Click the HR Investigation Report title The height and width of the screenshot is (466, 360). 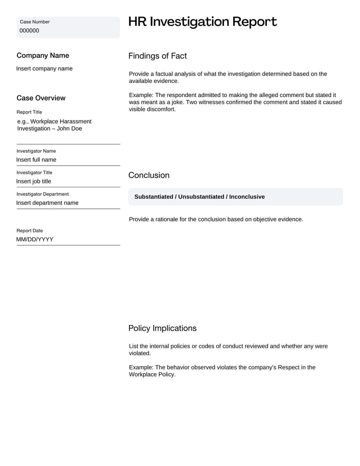202,22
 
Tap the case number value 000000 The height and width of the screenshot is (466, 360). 29,31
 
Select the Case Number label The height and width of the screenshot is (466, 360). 35,22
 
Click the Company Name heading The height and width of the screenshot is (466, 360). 43,55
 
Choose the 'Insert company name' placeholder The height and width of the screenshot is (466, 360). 44,68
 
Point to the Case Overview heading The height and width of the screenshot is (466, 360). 41,98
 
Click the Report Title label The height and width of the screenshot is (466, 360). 29,112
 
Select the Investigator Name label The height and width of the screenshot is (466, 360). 36,151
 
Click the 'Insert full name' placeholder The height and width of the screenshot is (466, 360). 36,160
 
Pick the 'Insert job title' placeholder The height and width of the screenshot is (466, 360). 34,181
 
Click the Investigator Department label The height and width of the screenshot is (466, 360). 43,194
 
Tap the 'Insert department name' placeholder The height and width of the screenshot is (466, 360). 47,203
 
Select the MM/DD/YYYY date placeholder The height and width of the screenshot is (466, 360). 35,240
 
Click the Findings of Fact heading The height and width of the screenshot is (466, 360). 157,56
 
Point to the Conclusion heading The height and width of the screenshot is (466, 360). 149,175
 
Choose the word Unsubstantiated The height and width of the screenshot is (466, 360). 201,197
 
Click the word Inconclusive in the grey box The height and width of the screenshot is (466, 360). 247,197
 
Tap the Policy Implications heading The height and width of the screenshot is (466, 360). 162,328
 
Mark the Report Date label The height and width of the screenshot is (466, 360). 30,231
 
